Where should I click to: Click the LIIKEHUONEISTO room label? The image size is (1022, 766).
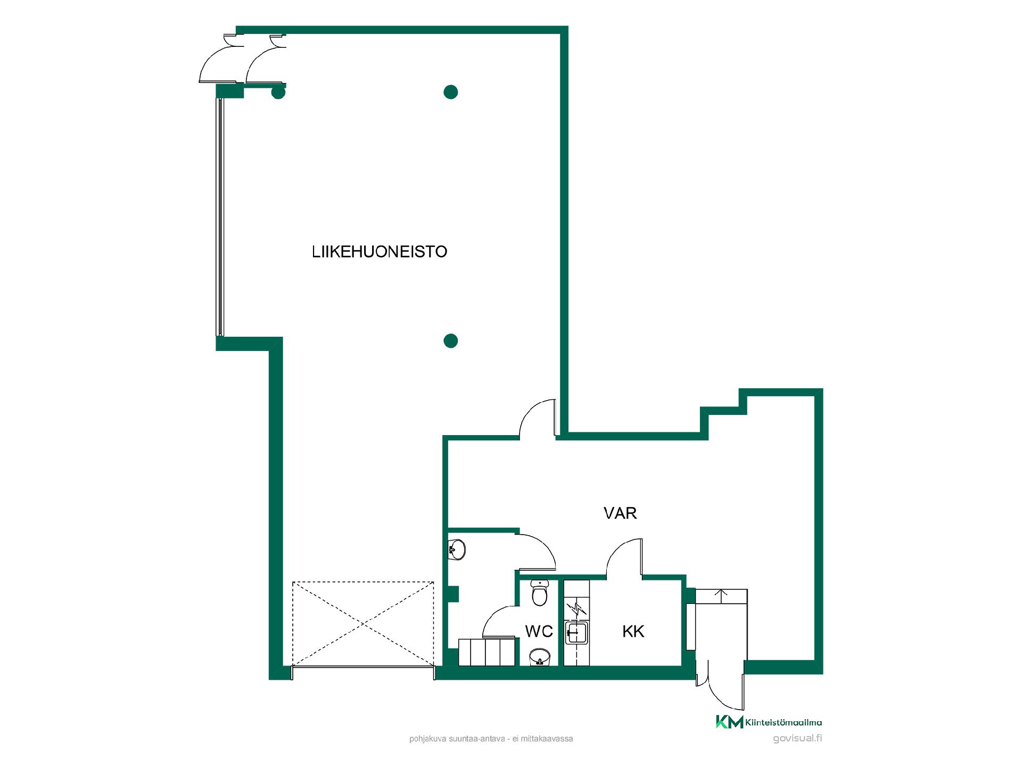tap(380, 252)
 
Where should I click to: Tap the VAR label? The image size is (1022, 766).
tap(620, 513)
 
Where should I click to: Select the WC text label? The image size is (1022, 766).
tap(539, 631)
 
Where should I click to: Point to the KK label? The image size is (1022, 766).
tap(633, 631)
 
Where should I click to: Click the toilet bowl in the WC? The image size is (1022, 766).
tap(540, 594)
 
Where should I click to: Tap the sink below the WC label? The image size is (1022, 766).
tap(539, 657)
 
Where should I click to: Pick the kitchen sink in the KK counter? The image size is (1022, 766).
tap(577, 632)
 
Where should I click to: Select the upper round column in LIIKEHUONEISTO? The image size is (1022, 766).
tap(450, 92)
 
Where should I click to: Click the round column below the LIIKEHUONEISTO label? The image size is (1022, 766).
tap(450, 340)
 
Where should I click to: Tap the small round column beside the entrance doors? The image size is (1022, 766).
tap(278, 93)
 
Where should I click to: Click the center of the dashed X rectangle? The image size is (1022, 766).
tap(363, 623)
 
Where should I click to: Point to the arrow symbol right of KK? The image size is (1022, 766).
tap(722, 595)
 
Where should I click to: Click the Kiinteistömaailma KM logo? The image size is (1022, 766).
tap(729, 722)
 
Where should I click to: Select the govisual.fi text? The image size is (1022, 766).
tap(797, 738)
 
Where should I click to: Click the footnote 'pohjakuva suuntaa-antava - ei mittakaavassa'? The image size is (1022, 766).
tap(491, 739)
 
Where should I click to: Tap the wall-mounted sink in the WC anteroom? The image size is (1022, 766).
tap(457, 548)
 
